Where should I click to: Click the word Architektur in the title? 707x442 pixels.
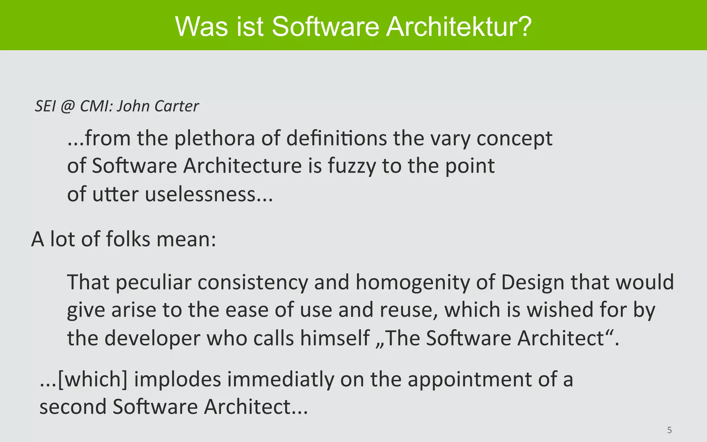(x=459, y=27)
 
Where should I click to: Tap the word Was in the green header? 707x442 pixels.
(x=202, y=27)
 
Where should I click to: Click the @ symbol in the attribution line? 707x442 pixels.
(x=67, y=106)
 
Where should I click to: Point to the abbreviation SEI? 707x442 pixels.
(x=45, y=106)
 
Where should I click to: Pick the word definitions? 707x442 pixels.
(x=336, y=139)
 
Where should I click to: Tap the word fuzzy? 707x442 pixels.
(x=351, y=166)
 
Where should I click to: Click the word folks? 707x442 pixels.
(x=128, y=239)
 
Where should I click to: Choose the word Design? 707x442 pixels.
(x=532, y=282)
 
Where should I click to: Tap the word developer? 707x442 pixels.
(x=152, y=338)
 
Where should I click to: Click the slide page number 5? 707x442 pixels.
(x=669, y=430)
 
